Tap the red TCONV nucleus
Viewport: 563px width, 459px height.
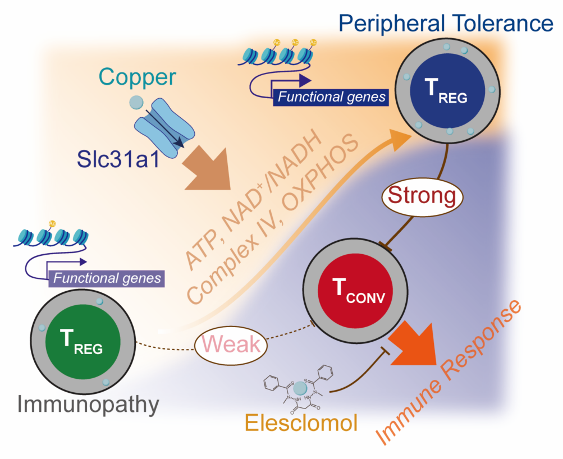(x=352, y=291)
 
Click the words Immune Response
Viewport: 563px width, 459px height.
(x=449, y=370)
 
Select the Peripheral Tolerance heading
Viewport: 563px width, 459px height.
(x=446, y=24)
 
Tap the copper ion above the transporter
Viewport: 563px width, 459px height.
(x=135, y=102)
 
